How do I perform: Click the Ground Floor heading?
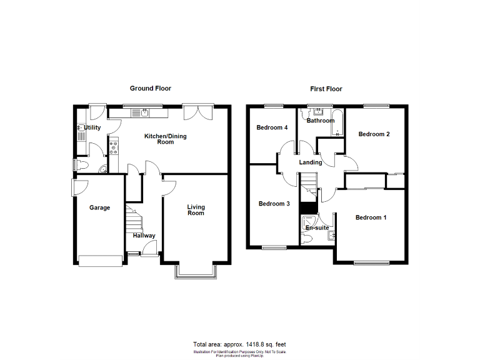[x=150, y=89]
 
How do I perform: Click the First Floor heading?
[x=326, y=89]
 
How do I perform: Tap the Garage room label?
[x=99, y=208]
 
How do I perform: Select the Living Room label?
[x=196, y=210]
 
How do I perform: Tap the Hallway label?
[x=144, y=236]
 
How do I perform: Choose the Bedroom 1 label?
[x=371, y=217]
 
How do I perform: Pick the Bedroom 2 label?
[x=374, y=134]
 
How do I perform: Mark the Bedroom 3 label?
[x=274, y=204]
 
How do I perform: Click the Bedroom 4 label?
[x=272, y=127]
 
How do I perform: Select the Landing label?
[x=311, y=162]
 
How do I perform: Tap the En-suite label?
[x=317, y=227]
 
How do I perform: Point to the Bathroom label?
[x=320, y=121]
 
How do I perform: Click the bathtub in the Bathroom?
[x=337, y=122]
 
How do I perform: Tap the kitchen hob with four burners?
[x=114, y=148]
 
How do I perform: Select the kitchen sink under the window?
[x=144, y=113]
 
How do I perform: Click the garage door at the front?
[x=100, y=261]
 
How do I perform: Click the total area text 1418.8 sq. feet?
[x=239, y=344]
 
